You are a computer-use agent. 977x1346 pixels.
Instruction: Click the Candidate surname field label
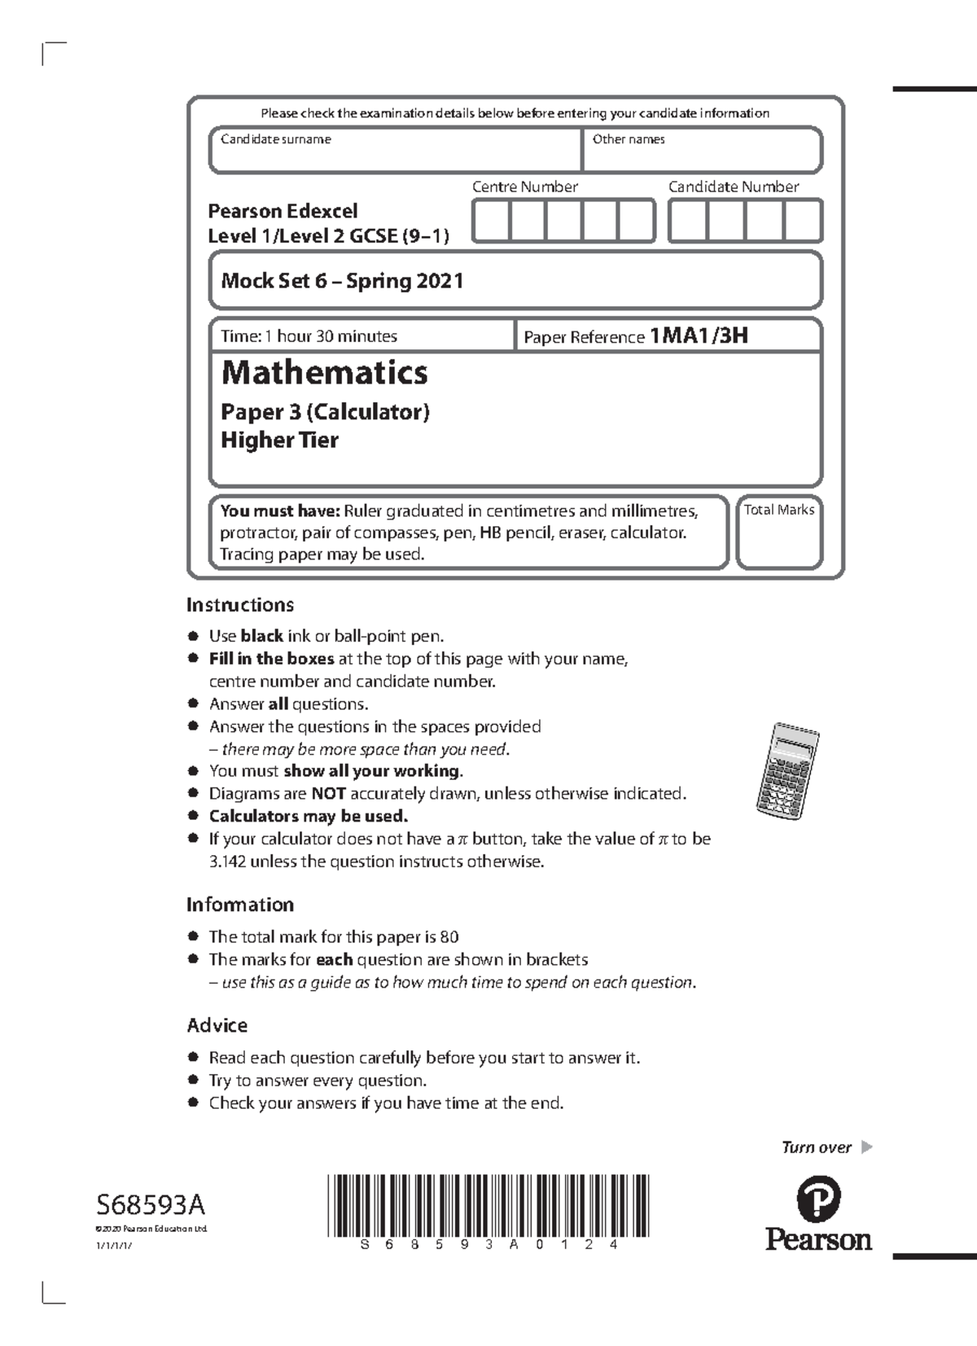point(276,139)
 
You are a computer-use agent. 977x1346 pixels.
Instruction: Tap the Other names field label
point(629,139)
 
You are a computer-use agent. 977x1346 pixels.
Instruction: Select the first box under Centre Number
point(491,221)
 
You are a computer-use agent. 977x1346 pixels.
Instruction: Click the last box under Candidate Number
point(803,221)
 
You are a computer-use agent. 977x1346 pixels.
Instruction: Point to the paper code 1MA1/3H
point(699,335)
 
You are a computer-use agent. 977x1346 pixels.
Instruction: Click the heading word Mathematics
point(324,373)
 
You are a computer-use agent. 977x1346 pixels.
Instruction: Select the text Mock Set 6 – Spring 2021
point(342,281)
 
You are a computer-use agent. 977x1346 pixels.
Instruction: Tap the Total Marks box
point(779,533)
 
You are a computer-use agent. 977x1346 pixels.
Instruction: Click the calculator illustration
point(786,769)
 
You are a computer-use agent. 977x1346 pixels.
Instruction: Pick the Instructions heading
point(239,605)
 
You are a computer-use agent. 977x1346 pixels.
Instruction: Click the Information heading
point(239,905)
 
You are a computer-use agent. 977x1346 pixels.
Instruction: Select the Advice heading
point(217,1025)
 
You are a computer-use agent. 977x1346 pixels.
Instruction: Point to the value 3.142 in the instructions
point(227,862)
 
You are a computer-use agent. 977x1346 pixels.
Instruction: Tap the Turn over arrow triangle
point(866,1147)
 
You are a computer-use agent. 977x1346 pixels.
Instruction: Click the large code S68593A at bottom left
point(151,1204)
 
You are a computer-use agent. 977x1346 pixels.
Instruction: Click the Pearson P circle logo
point(817,1199)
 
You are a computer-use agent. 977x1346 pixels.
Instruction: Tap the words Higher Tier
point(279,441)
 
